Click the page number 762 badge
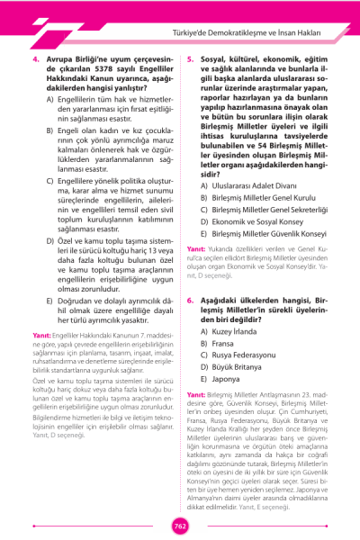tap(180, 526)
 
